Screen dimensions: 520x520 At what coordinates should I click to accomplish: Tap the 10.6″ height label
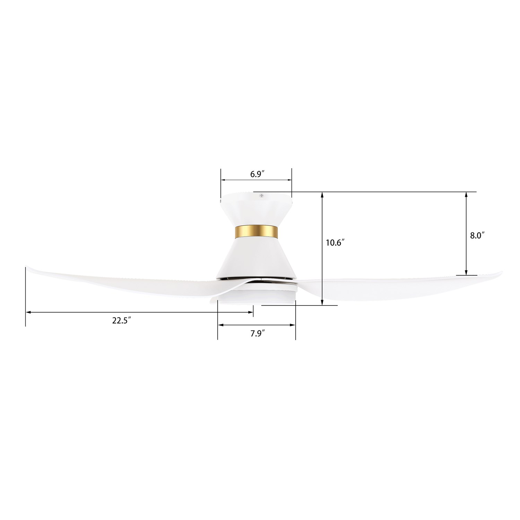point(335,243)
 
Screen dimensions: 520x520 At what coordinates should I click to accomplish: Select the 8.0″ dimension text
point(477,236)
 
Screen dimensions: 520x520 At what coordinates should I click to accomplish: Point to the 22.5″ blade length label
point(121,321)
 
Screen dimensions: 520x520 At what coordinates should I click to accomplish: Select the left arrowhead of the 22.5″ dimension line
point(29,312)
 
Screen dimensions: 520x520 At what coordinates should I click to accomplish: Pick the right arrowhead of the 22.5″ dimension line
point(250,312)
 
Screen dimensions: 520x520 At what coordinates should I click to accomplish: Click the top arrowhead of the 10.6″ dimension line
point(323,195)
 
